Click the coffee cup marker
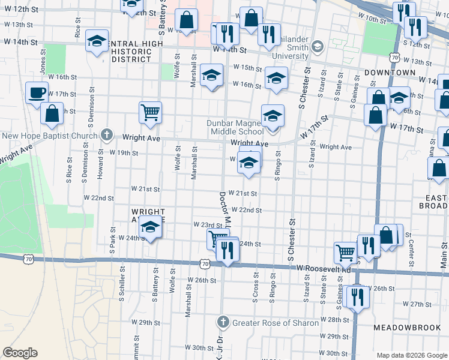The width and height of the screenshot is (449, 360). coord(37,94)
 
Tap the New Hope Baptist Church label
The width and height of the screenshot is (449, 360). coord(49,135)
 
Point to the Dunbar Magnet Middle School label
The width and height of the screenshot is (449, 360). coord(235,127)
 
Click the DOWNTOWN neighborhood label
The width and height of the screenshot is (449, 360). coord(390,72)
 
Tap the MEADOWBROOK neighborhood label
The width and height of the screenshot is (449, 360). coord(407,328)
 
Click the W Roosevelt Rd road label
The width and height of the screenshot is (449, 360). coord(324,269)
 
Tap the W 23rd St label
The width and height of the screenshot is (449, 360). coord(208,224)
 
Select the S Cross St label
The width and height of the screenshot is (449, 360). coord(256,289)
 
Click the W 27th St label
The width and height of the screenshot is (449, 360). coord(409,304)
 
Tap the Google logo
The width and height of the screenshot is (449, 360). coord(20,352)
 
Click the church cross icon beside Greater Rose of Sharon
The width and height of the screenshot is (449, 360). coord(223,323)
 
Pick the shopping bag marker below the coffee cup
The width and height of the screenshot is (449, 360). coord(52,113)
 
